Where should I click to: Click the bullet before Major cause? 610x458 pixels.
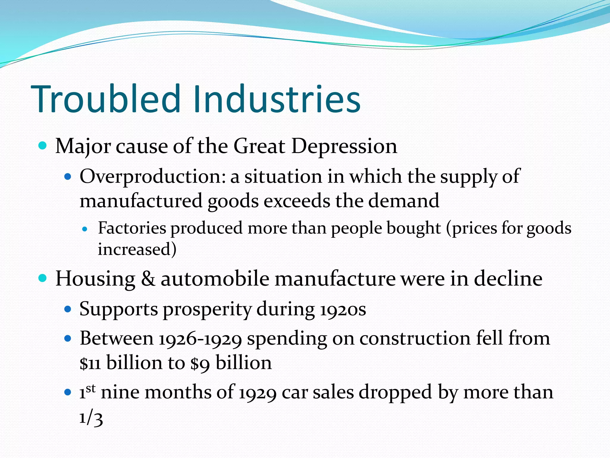43,146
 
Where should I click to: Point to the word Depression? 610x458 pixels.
344,147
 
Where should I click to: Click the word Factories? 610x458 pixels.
132,228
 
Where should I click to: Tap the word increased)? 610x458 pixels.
137,249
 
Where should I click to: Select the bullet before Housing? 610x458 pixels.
43,278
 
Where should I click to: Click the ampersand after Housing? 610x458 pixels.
148,279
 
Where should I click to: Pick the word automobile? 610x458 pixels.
215,279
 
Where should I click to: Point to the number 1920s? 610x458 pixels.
343,310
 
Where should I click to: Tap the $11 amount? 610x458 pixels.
90,363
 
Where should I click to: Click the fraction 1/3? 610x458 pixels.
91,418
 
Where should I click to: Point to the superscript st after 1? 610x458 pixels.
91,389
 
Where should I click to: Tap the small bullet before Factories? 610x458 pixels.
85,229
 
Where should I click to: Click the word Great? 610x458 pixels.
259,146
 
